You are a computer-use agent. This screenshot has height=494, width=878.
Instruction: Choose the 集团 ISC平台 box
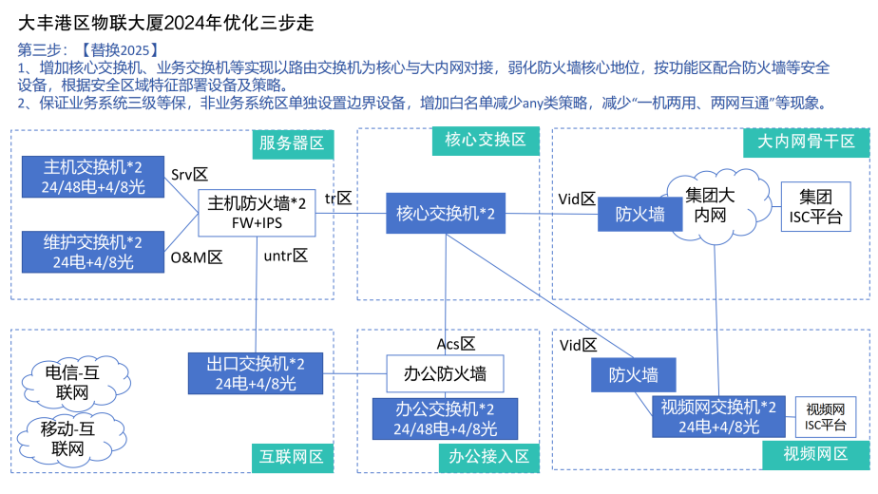[x=814, y=208]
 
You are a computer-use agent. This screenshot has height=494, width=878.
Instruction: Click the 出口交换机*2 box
[x=256, y=373]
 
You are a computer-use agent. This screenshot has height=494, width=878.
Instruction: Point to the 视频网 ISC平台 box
[x=826, y=415]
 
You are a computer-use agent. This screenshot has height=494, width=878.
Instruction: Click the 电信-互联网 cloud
[x=72, y=379]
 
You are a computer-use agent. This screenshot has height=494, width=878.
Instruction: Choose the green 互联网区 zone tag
[x=292, y=457]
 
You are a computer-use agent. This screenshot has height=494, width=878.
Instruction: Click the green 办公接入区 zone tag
[x=485, y=457]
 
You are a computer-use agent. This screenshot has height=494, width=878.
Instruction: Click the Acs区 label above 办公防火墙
[x=456, y=343]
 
